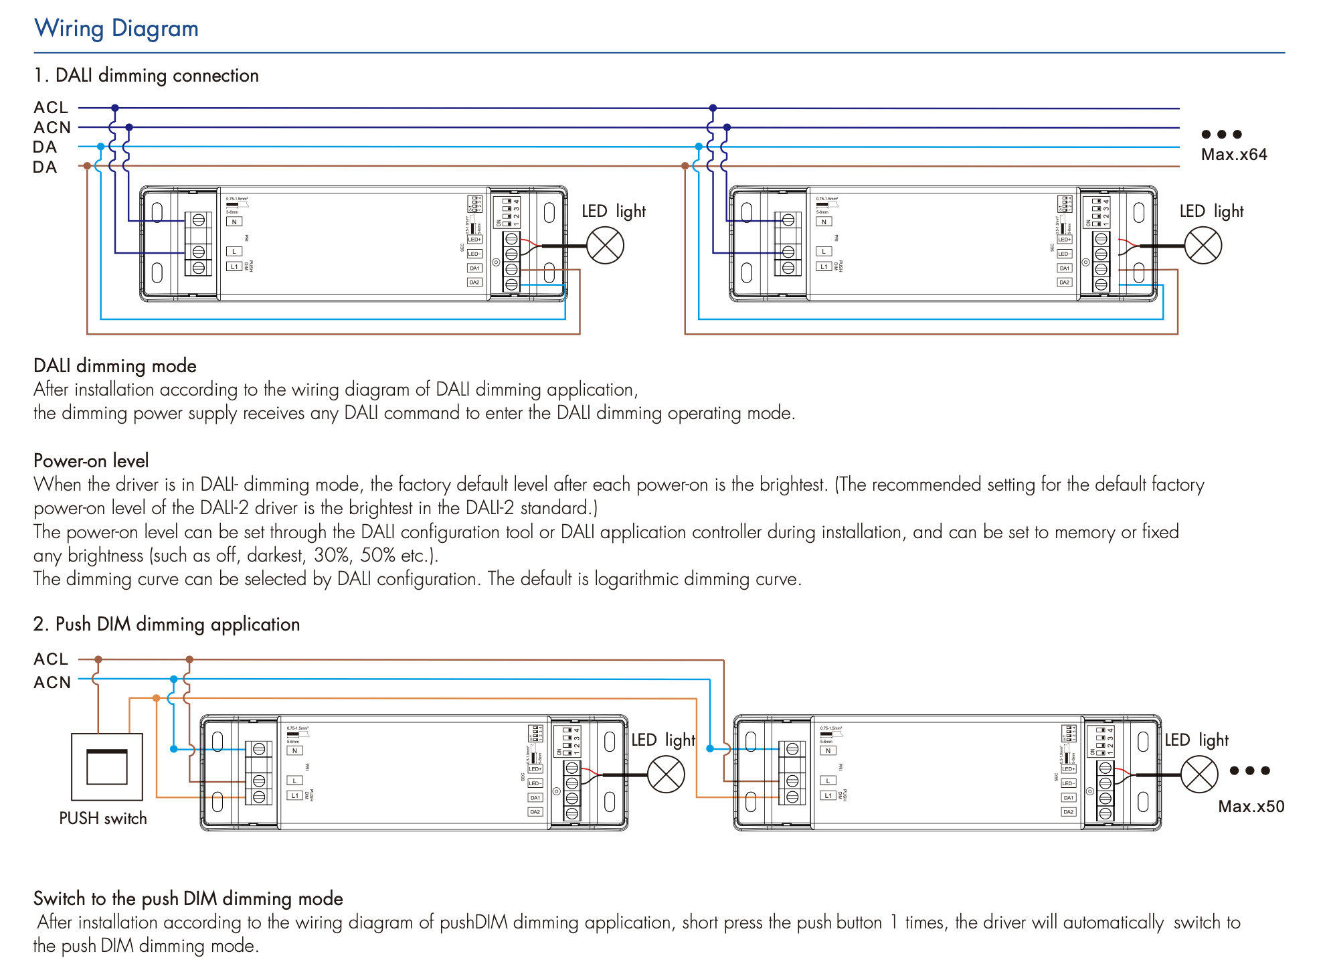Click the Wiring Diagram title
click(x=116, y=29)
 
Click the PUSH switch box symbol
click(x=107, y=766)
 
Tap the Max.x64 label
click(x=1233, y=155)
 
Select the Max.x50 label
click(x=1251, y=806)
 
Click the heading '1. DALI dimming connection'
click(x=147, y=76)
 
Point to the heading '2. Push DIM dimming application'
click(x=167, y=624)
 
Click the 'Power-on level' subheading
click(x=91, y=461)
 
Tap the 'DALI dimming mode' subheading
click(x=115, y=365)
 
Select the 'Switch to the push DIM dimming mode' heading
click(x=188, y=898)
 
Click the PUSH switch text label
click(x=103, y=818)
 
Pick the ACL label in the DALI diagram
click(x=51, y=108)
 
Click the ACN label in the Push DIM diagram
click(x=52, y=682)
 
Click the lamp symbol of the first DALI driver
click(x=605, y=246)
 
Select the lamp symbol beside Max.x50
click(x=1199, y=774)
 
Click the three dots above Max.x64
click(x=1221, y=134)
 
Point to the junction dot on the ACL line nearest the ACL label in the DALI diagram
click(x=115, y=108)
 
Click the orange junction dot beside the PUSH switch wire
click(x=157, y=698)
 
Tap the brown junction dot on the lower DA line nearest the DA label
click(x=87, y=166)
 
